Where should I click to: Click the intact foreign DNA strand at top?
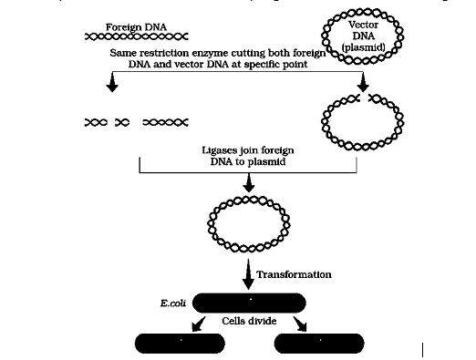click(136, 38)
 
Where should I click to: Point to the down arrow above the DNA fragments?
click(111, 84)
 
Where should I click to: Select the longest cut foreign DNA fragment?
click(165, 121)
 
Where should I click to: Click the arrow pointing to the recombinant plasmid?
click(248, 184)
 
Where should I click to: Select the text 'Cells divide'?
click(249, 321)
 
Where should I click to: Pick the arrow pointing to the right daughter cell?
click(302, 325)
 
